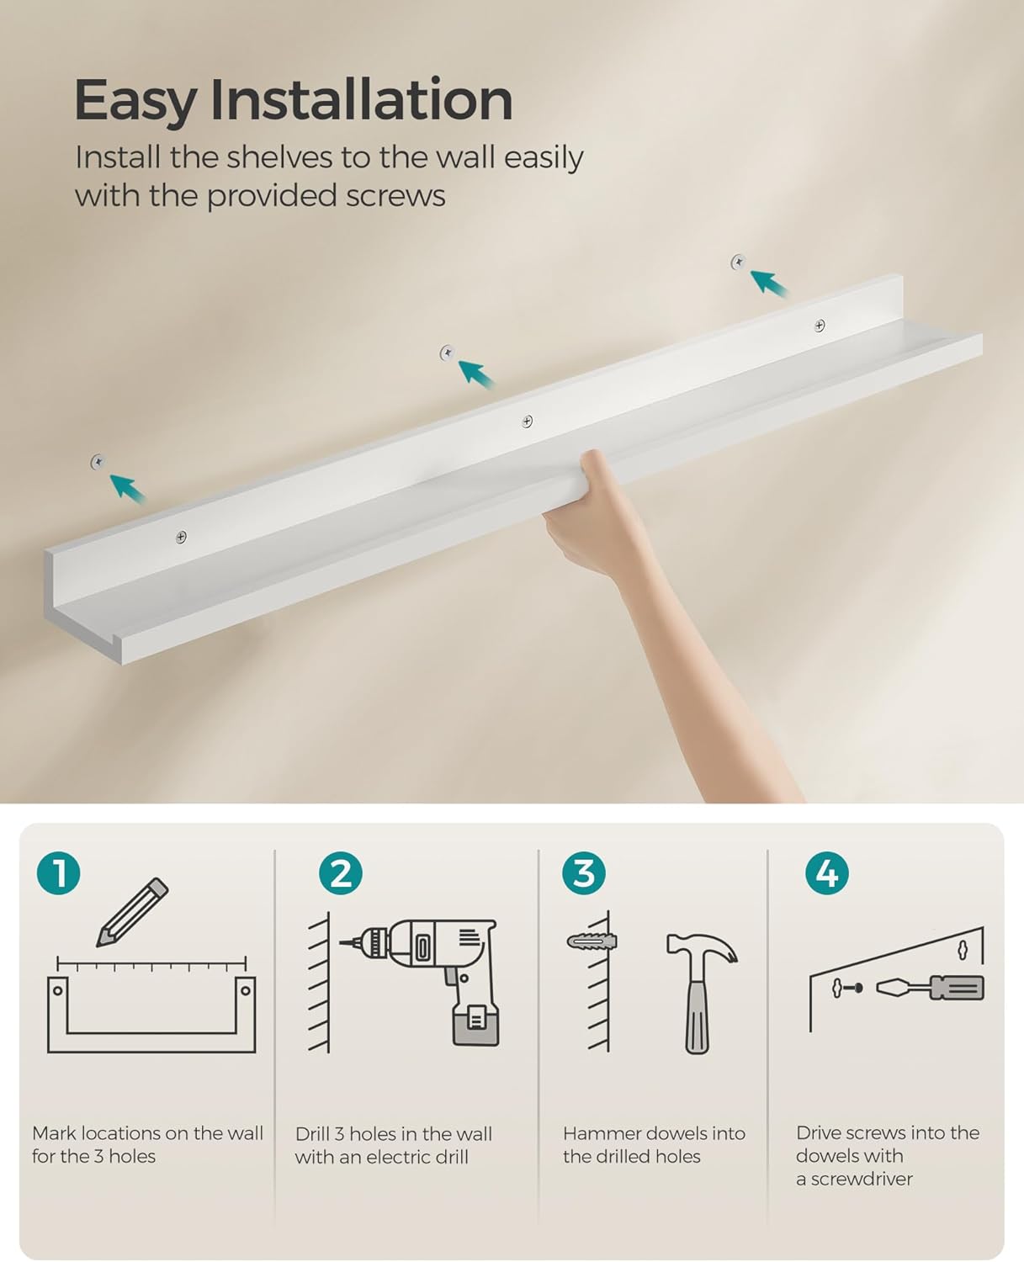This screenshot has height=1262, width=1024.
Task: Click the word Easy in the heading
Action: tap(135, 102)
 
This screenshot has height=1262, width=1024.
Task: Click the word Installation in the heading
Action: tap(362, 99)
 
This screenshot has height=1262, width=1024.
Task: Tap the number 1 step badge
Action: tap(58, 872)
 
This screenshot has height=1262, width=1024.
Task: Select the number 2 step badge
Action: tap(340, 872)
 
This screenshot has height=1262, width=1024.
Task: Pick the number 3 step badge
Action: tap(584, 872)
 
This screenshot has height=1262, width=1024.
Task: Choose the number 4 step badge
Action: tap(826, 872)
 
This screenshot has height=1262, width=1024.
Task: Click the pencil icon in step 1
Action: tap(132, 913)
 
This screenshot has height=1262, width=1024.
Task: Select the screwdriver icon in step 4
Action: tap(930, 988)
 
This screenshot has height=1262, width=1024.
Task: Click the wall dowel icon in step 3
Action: tap(592, 941)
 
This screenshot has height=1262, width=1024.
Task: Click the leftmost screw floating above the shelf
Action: tap(98, 462)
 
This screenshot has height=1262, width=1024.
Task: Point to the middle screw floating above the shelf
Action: tap(448, 353)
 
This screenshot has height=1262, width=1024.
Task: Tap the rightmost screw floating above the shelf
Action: tap(738, 262)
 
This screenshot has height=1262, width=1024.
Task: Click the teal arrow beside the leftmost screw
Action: tap(128, 489)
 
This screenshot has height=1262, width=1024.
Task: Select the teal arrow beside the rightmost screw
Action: tap(769, 284)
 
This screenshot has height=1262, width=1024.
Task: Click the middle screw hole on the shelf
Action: tap(527, 422)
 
